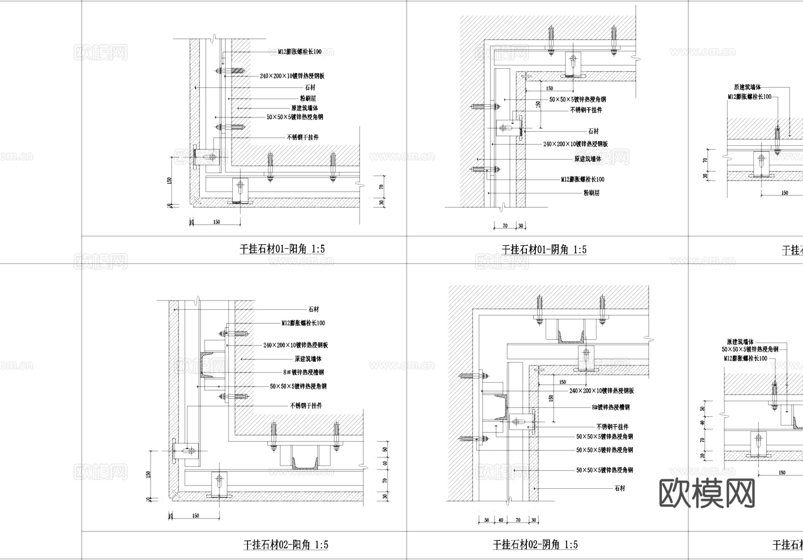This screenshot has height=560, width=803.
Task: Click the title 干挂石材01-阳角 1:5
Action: (x=282, y=249)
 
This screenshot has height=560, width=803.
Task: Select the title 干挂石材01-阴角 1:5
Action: (x=544, y=250)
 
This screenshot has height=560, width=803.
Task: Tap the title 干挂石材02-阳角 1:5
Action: (x=286, y=544)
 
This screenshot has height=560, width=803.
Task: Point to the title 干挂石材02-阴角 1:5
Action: (x=535, y=544)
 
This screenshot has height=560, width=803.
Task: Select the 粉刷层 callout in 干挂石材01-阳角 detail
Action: (x=308, y=99)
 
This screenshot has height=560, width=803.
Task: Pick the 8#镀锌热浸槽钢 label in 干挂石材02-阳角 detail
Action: (x=303, y=372)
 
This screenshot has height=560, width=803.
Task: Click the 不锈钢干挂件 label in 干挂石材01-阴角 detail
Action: (x=586, y=110)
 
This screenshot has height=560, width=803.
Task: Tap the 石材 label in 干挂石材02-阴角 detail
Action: (x=620, y=488)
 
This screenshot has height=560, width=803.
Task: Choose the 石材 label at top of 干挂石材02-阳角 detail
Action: (x=314, y=309)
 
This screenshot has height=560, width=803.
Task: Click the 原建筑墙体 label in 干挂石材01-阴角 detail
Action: (x=588, y=159)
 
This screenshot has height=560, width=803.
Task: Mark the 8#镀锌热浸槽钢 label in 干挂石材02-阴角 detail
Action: (x=611, y=407)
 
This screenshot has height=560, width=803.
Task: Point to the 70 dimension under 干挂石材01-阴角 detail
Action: (x=505, y=226)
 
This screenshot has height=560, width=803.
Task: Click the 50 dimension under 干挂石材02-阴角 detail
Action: (x=487, y=520)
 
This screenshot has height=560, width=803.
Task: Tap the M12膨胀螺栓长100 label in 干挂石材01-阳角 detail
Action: (x=300, y=52)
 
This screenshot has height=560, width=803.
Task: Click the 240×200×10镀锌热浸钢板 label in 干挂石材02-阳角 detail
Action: (x=295, y=345)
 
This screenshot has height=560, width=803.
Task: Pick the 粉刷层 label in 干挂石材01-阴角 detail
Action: (x=592, y=193)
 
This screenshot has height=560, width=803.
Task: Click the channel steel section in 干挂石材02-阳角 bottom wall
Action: (x=305, y=460)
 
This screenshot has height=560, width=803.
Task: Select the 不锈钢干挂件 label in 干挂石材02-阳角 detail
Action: (x=306, y=406)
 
